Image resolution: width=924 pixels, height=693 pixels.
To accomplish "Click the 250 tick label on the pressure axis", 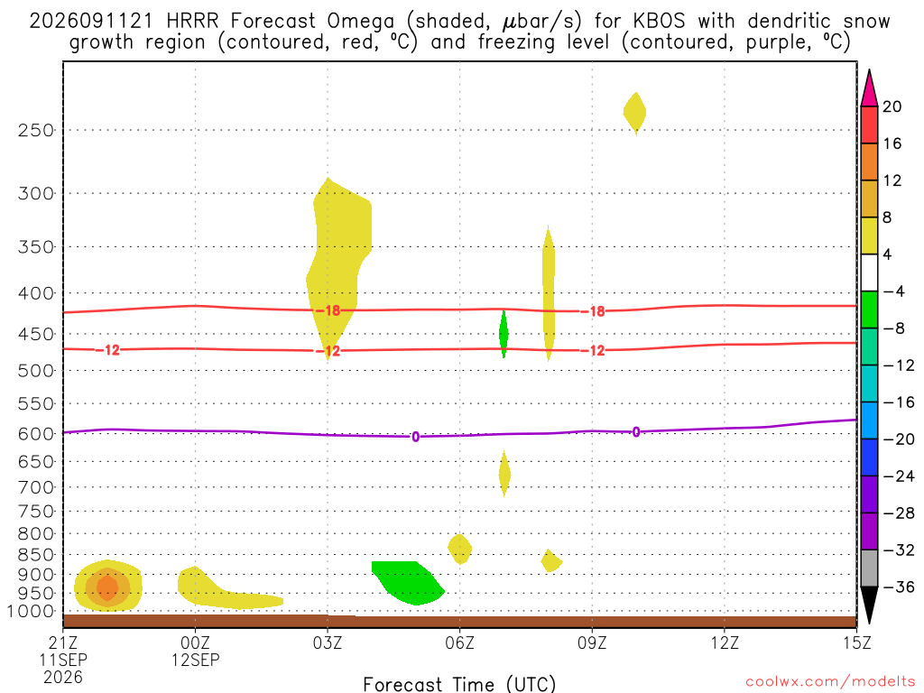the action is click(36, 130).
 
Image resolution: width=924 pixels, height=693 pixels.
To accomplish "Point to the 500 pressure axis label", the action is click(36, 371).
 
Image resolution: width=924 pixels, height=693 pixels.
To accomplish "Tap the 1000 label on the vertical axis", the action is click(31, 612).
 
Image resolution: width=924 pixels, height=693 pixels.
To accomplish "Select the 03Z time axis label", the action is click(327, 642).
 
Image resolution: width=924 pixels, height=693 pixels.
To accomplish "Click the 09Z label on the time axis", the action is click(592, 642).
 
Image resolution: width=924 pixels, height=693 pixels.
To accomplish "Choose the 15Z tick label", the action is click(856, 642).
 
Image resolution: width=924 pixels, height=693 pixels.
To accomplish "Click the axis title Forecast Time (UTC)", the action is click(459, 684).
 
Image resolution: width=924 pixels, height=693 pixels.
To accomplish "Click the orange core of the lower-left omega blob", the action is click(107, 587).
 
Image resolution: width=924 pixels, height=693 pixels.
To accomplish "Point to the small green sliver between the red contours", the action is click(504, 334).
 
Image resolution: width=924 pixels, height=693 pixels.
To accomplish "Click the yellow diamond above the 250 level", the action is click(634, 113).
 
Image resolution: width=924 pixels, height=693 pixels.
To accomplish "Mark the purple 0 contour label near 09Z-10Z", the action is click(636, 432).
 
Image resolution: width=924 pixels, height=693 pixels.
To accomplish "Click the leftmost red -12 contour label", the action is click(108, 350).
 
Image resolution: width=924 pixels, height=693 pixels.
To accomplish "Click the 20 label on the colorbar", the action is click(892, 106).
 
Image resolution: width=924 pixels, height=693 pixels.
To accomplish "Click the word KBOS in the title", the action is click(660, 22).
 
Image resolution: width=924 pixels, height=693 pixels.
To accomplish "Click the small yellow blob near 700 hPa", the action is click(504, 474).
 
